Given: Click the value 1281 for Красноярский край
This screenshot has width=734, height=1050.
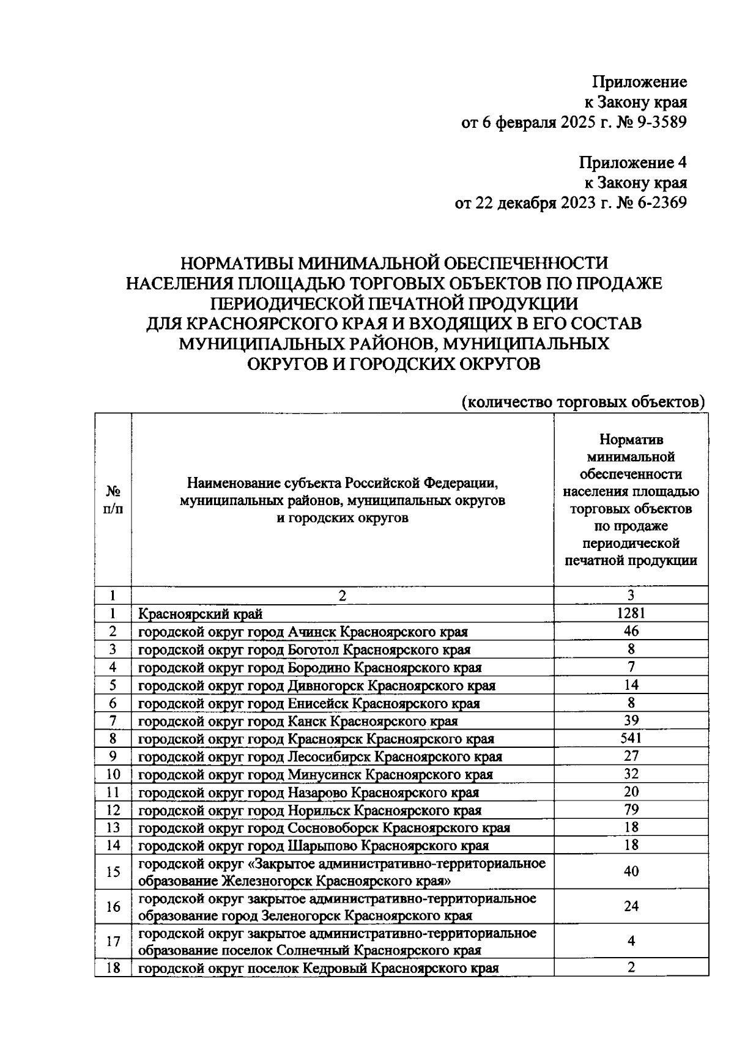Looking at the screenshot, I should coord(631,613).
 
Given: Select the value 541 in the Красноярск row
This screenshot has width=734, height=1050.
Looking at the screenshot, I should coord(631,738).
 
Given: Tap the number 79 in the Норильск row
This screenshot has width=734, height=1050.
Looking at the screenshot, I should coord(631,810).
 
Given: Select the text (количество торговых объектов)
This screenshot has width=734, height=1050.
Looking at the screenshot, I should coord(584,402).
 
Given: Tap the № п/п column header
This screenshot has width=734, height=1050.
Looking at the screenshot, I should coord(113,500).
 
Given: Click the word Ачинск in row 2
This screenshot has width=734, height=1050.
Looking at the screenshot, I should coord(311,632).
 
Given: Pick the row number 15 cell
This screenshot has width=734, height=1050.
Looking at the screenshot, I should coord(113,871).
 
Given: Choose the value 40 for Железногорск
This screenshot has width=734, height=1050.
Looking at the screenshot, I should coord(631,871).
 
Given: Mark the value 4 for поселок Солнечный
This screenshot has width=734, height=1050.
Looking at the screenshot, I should coord(631,942).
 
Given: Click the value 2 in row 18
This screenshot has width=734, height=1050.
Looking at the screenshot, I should coord(631,967).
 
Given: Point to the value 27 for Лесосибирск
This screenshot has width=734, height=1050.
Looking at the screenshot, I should coord(631,756).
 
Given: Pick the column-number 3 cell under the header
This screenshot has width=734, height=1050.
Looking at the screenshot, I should coord(631,595).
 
